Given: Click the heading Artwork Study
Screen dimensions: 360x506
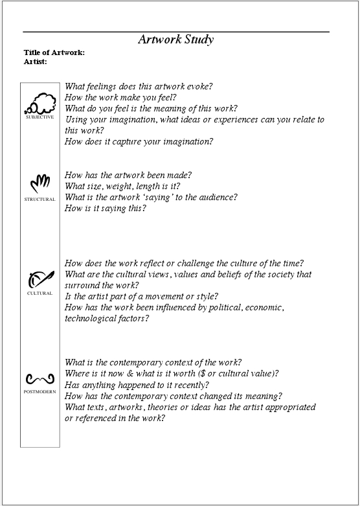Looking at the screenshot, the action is [175, 40].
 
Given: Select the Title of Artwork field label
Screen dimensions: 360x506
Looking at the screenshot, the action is [54, 52].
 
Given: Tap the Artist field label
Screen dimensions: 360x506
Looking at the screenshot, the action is [36, 62].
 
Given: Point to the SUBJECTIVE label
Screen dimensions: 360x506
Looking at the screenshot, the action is [39, 117].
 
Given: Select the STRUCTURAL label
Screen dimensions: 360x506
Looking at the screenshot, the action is [39, 199].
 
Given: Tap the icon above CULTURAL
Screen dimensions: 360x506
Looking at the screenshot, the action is [39, 279].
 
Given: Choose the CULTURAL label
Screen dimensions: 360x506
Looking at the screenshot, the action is [39, 293].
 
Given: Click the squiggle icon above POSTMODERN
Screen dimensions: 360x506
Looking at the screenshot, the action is [39, 378].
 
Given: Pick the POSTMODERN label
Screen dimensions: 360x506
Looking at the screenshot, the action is [39, 392].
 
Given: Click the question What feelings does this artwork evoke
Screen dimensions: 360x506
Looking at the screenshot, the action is [139, 86].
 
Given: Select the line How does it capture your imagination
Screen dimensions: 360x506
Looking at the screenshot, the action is [139, 141].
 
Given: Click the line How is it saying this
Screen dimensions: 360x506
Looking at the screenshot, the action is [106, 208].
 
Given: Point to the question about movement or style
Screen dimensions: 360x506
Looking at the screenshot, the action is [141, 296].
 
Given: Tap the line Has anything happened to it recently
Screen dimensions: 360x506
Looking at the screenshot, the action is [137, 385].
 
